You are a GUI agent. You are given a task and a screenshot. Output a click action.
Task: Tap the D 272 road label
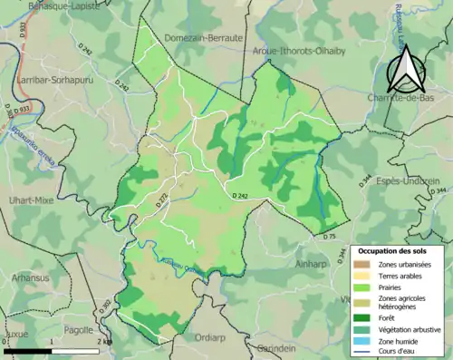click(x=161, y=201)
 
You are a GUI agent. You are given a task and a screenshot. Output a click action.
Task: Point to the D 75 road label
click(x=329, y=237)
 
